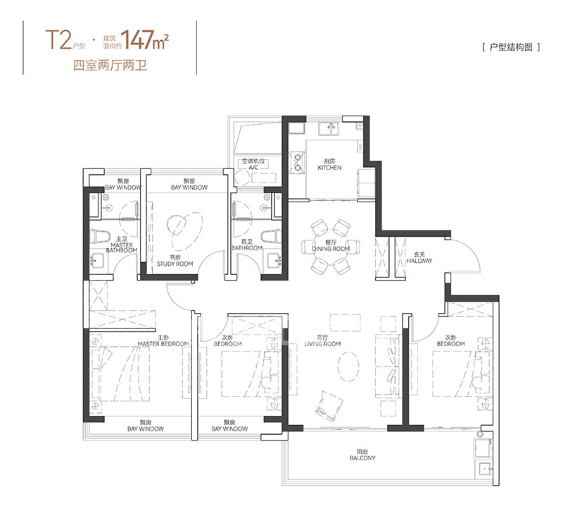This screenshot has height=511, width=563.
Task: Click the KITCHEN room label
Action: point(329,168)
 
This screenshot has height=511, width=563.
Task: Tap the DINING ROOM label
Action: point(331,249)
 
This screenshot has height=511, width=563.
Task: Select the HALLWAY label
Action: point(419,261)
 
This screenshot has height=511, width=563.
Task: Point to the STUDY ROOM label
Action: point(175,264)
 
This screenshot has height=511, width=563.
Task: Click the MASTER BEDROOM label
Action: point(163,344)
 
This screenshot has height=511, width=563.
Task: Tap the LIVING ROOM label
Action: point(322,344)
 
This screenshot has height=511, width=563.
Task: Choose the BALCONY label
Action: point(362,457)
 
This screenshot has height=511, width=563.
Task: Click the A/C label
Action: point(253,168)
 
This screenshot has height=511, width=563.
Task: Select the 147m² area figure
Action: point(144,39)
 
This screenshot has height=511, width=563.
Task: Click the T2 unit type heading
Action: point(58,39)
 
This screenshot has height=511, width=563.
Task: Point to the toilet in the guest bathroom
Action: point(271,237)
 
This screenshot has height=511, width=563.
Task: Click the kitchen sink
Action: point(329,129)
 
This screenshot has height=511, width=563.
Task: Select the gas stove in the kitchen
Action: point(297,162)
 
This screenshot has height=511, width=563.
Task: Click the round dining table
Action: point(331,248)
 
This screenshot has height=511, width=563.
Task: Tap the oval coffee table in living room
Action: point(348,366)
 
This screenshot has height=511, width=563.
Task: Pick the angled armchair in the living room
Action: point(329,407)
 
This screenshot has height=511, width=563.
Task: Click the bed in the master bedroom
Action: point(120,374)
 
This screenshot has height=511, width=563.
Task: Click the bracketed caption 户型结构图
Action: point(512,47)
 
